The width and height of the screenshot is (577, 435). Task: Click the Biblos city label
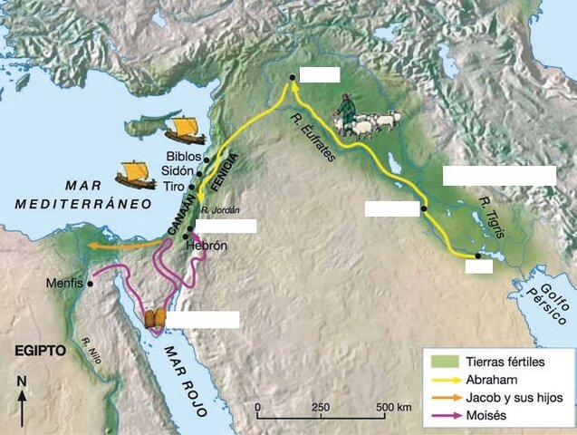click(x=183, y=156)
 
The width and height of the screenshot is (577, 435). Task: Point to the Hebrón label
click(x=206, y=245)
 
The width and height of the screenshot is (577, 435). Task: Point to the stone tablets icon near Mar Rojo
click(x=155, y=320)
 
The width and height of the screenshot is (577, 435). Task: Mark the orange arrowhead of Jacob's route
click(x=92, y=245)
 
